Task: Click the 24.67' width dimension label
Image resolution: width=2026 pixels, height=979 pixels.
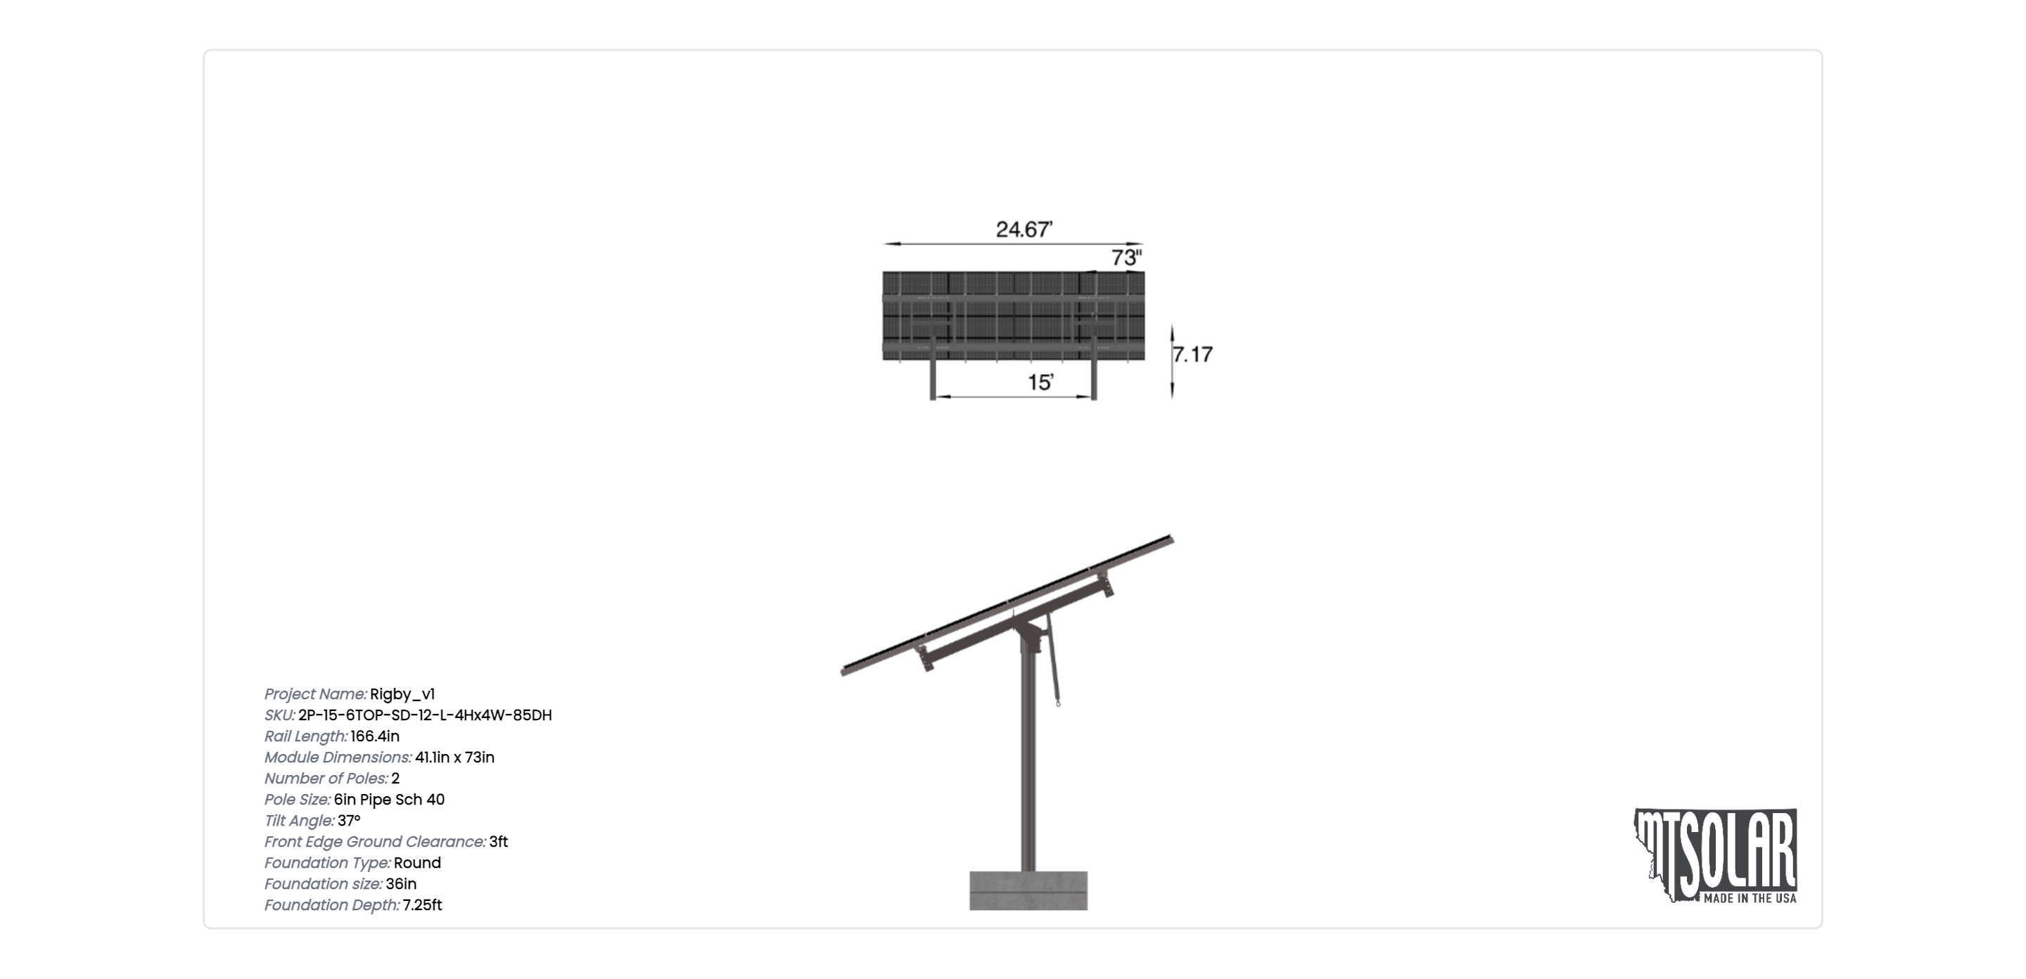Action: (x=1024, y=229)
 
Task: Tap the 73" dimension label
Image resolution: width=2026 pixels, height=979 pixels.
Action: (x=1126, y=257)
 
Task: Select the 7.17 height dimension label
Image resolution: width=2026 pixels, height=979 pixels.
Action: (x=1192, y=354)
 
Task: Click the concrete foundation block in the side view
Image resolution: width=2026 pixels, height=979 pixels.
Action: (x=1028, y=890)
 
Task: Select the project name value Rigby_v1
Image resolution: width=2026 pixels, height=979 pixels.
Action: (x=402, y=694)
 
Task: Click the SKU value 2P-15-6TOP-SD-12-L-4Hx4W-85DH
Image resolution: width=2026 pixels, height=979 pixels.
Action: (x=425, y=715)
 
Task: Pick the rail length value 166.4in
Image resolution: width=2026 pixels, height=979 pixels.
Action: (x=375, y=737)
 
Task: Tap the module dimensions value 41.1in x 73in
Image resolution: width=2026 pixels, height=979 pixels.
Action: (x=454, y=757)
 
